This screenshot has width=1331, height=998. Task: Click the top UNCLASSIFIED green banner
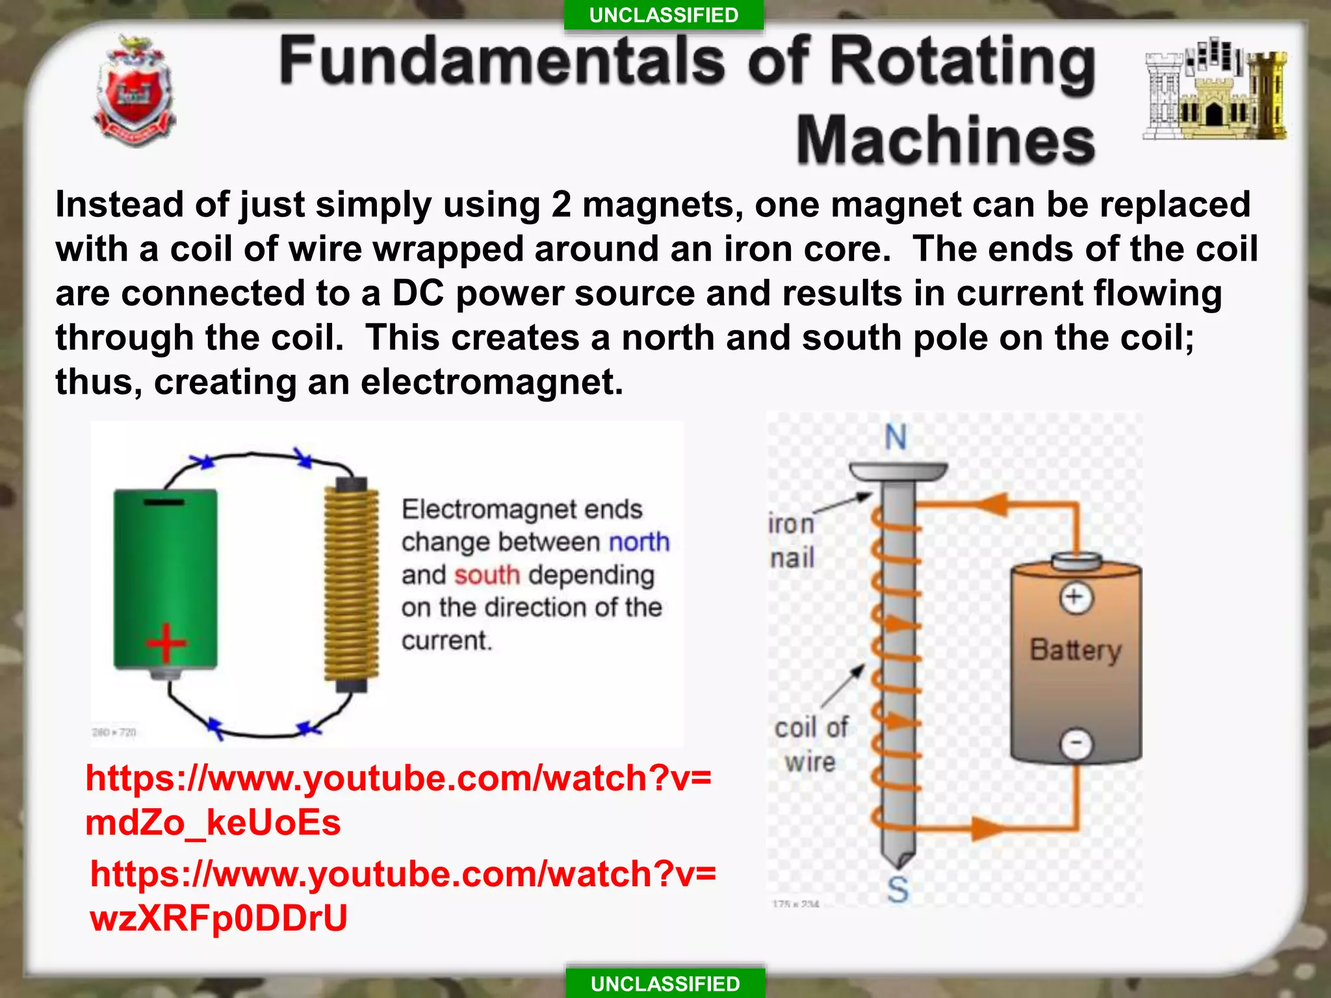(x=664, y=15)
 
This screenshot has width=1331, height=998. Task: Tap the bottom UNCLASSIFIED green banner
(x=665, y=983)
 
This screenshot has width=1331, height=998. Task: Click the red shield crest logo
(x=135, y=91)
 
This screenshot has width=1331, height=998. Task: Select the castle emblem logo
(x=1215, y=90)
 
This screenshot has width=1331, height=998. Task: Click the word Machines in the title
(x=946, y=140)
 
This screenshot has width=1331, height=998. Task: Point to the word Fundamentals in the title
(x=502, y=61)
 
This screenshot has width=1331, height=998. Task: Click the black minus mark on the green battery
(x=164, y=502)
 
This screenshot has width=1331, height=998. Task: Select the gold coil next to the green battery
(x=352, y=585)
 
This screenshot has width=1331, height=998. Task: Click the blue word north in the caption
(x=639, y=542)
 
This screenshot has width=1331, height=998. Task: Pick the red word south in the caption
(x=487, y=575)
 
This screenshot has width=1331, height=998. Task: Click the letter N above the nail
(x=896, y=437)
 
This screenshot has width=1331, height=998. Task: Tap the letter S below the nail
(x=898, y=889)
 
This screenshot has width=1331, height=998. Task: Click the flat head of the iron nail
(x=899, y=471)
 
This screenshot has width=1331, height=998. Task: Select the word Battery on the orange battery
(x=1076, y=650)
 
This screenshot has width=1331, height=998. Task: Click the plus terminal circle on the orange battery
(x=1076, y=597)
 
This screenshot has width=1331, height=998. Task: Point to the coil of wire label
(x=810, y=745)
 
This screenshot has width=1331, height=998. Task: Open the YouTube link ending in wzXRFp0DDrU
(x=403, y=895)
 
